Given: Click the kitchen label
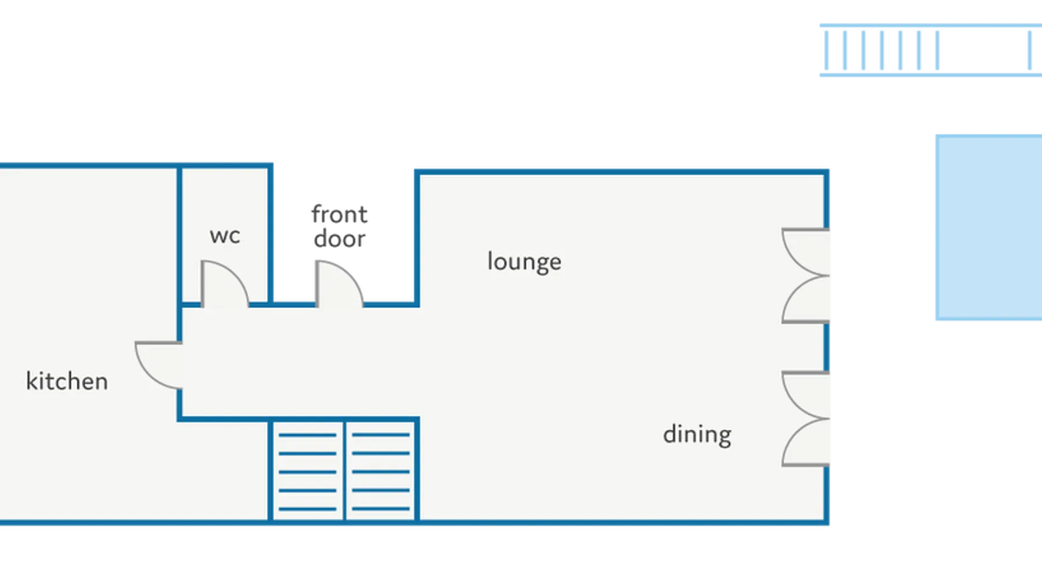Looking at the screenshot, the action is click(67, 381).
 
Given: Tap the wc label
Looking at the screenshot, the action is click(225, 236).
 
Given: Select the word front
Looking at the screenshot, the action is click(339, 214).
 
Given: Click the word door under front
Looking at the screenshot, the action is click(339, 239).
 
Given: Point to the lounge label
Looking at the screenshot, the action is click(524, 262).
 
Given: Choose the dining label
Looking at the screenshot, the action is click(697, 434).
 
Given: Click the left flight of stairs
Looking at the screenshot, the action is click(307, 471).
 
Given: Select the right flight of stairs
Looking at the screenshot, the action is click(381, 471).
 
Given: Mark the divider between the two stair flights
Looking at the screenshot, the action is click(344, 470).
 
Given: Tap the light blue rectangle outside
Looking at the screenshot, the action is click(989, 228).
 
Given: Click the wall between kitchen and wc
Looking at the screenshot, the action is click(179, 234).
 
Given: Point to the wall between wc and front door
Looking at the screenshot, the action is click(270, 234).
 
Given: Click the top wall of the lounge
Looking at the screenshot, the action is click(622, 172).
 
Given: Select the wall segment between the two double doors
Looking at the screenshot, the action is click(827, 347).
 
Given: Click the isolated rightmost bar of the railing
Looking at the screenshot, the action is click(1030, 50).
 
